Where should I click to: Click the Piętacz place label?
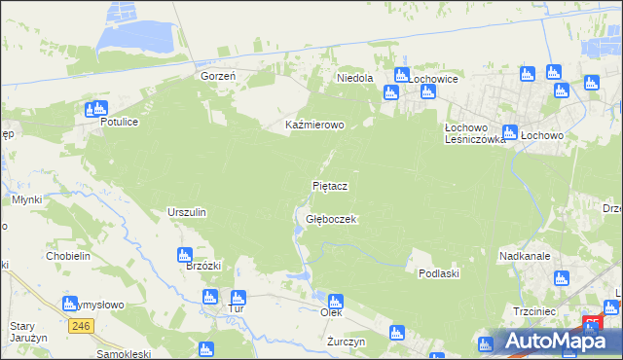tap(330, 185)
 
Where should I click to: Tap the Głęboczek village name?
tap(332, 220)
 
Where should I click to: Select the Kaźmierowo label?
tap(314, 126)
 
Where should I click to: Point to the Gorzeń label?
tap(219, 76)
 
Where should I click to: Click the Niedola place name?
tap(354, 77)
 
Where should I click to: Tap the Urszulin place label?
tap(187, 212)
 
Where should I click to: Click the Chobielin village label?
tap(68, 256)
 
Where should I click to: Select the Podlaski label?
tap(438, 273)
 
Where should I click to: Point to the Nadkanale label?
tap(526, 256)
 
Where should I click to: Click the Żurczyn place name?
tap(346, 342)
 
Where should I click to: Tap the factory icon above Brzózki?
tap(187, 255)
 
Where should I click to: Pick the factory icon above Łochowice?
tap(401, 76)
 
